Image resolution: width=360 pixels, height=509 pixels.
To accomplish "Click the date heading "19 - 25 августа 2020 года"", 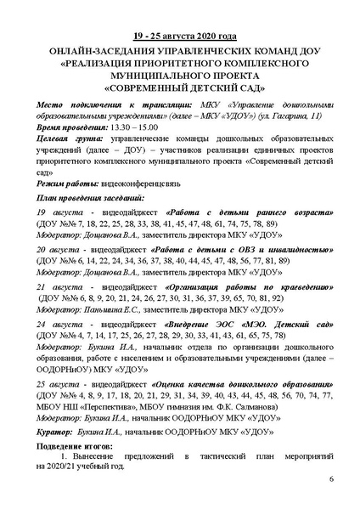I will tap(179, 36).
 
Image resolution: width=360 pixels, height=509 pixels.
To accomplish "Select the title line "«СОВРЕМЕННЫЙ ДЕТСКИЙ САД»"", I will tap(179, 87).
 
